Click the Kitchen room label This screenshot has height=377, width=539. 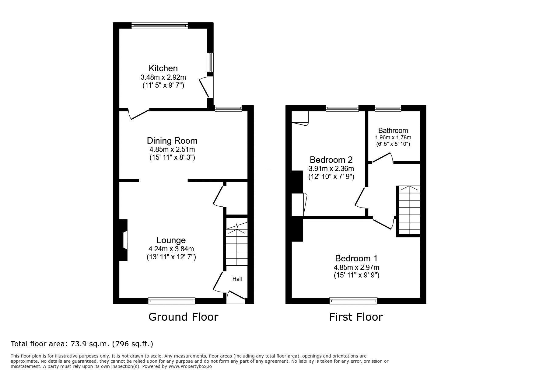click(x=163, y=68)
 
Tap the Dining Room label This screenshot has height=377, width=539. click(x=172, y=141)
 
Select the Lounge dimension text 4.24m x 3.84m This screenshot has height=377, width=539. click(x=171, y=249)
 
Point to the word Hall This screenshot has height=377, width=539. click(x=237, y=279)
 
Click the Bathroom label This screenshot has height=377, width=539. click(x=393, y=131)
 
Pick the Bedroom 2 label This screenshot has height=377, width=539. click(x=331, y=159)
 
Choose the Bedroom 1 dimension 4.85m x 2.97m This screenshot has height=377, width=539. click(x=356, y=268)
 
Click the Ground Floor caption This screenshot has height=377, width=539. click(x=183, y=317)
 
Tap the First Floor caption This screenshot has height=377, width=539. click(x=356, y=317)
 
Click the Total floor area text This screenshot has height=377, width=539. click(x=82, y=344)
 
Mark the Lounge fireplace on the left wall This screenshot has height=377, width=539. click(x=123, y=240)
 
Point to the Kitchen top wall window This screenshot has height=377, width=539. click(x=160, y=26)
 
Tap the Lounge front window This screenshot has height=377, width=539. click(x=172, y=301)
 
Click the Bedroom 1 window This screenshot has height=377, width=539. click(x=353, y=301)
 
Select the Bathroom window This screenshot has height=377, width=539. click(x=388, y=108)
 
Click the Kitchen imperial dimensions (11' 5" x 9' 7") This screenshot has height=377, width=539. click(x=163, y=86)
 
